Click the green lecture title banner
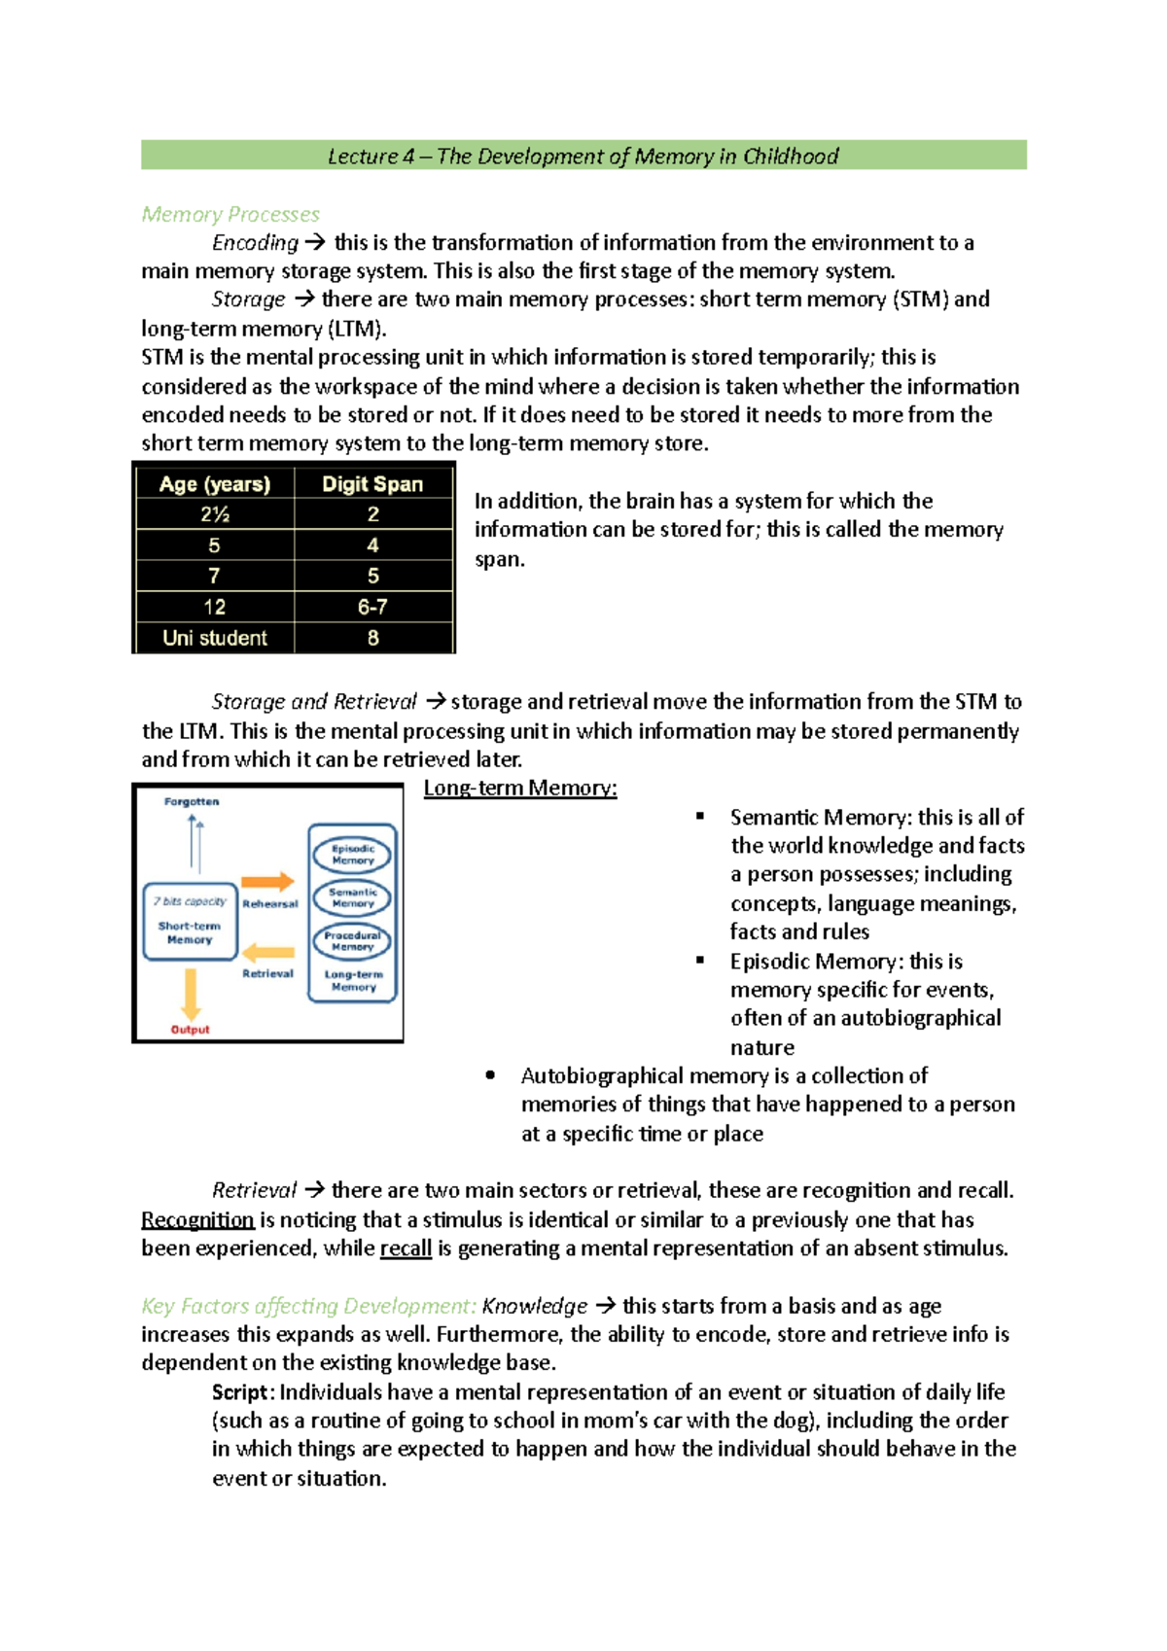point(583,156)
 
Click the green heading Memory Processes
point(230,214)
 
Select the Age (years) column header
point(215,484)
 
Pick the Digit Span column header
point(372,484)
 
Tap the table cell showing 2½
point(215,514)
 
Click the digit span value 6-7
point(372,607)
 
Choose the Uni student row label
point(215,638)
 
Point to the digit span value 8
point(372,638)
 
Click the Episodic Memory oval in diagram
point(352,855)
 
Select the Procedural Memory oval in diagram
point(352,941)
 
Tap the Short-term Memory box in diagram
point(190,922)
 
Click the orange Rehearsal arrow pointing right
point(267,882)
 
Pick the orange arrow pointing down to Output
point(191,994)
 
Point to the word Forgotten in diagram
point(192,802)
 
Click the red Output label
point(191,1030)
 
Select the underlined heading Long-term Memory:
point(520,788)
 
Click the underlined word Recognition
point(197,1219)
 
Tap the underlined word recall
point(406,1248)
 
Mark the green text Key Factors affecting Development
point(308,1306)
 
